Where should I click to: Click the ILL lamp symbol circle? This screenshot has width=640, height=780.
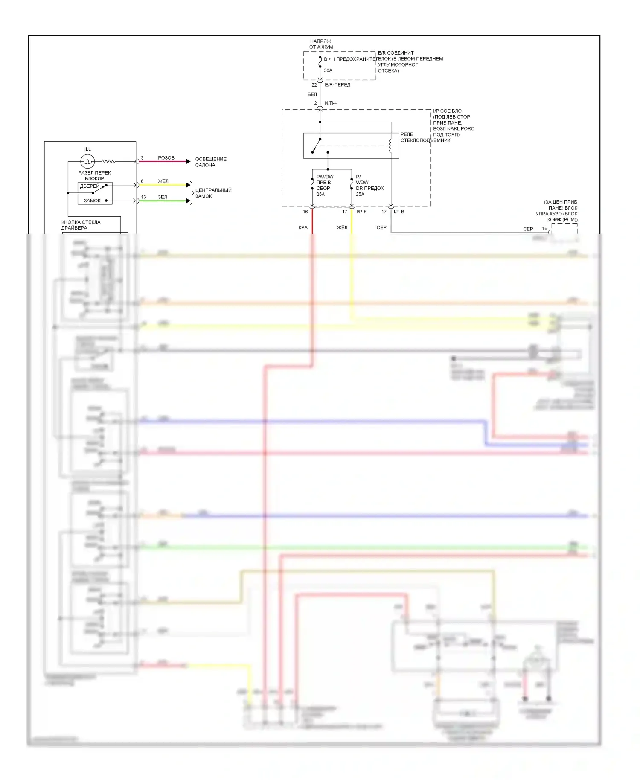87,161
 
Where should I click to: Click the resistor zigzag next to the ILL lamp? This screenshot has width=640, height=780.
109,161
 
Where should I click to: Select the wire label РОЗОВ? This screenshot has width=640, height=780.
166,158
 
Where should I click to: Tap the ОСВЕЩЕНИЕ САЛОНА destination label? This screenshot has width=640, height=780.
211,162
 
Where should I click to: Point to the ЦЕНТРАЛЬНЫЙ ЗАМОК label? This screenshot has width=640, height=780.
213,193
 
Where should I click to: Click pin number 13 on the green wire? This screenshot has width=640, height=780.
143,197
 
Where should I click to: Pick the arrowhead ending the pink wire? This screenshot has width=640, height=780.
188,161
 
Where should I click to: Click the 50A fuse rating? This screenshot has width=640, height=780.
328,70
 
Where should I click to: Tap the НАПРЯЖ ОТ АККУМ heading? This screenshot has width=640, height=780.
321,44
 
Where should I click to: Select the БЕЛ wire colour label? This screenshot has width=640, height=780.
312,94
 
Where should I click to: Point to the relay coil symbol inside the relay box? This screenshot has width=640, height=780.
390,145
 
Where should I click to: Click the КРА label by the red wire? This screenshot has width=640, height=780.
303,227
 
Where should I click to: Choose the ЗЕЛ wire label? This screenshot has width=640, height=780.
163,197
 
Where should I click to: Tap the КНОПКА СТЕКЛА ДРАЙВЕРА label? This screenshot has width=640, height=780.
81,225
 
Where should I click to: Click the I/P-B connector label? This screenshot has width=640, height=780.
399,212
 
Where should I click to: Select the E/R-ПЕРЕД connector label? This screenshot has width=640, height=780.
337,85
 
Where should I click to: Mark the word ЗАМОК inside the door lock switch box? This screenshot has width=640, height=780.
92,201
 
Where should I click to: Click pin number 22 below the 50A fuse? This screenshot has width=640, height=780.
314,85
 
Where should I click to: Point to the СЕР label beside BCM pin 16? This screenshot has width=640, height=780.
528,229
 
